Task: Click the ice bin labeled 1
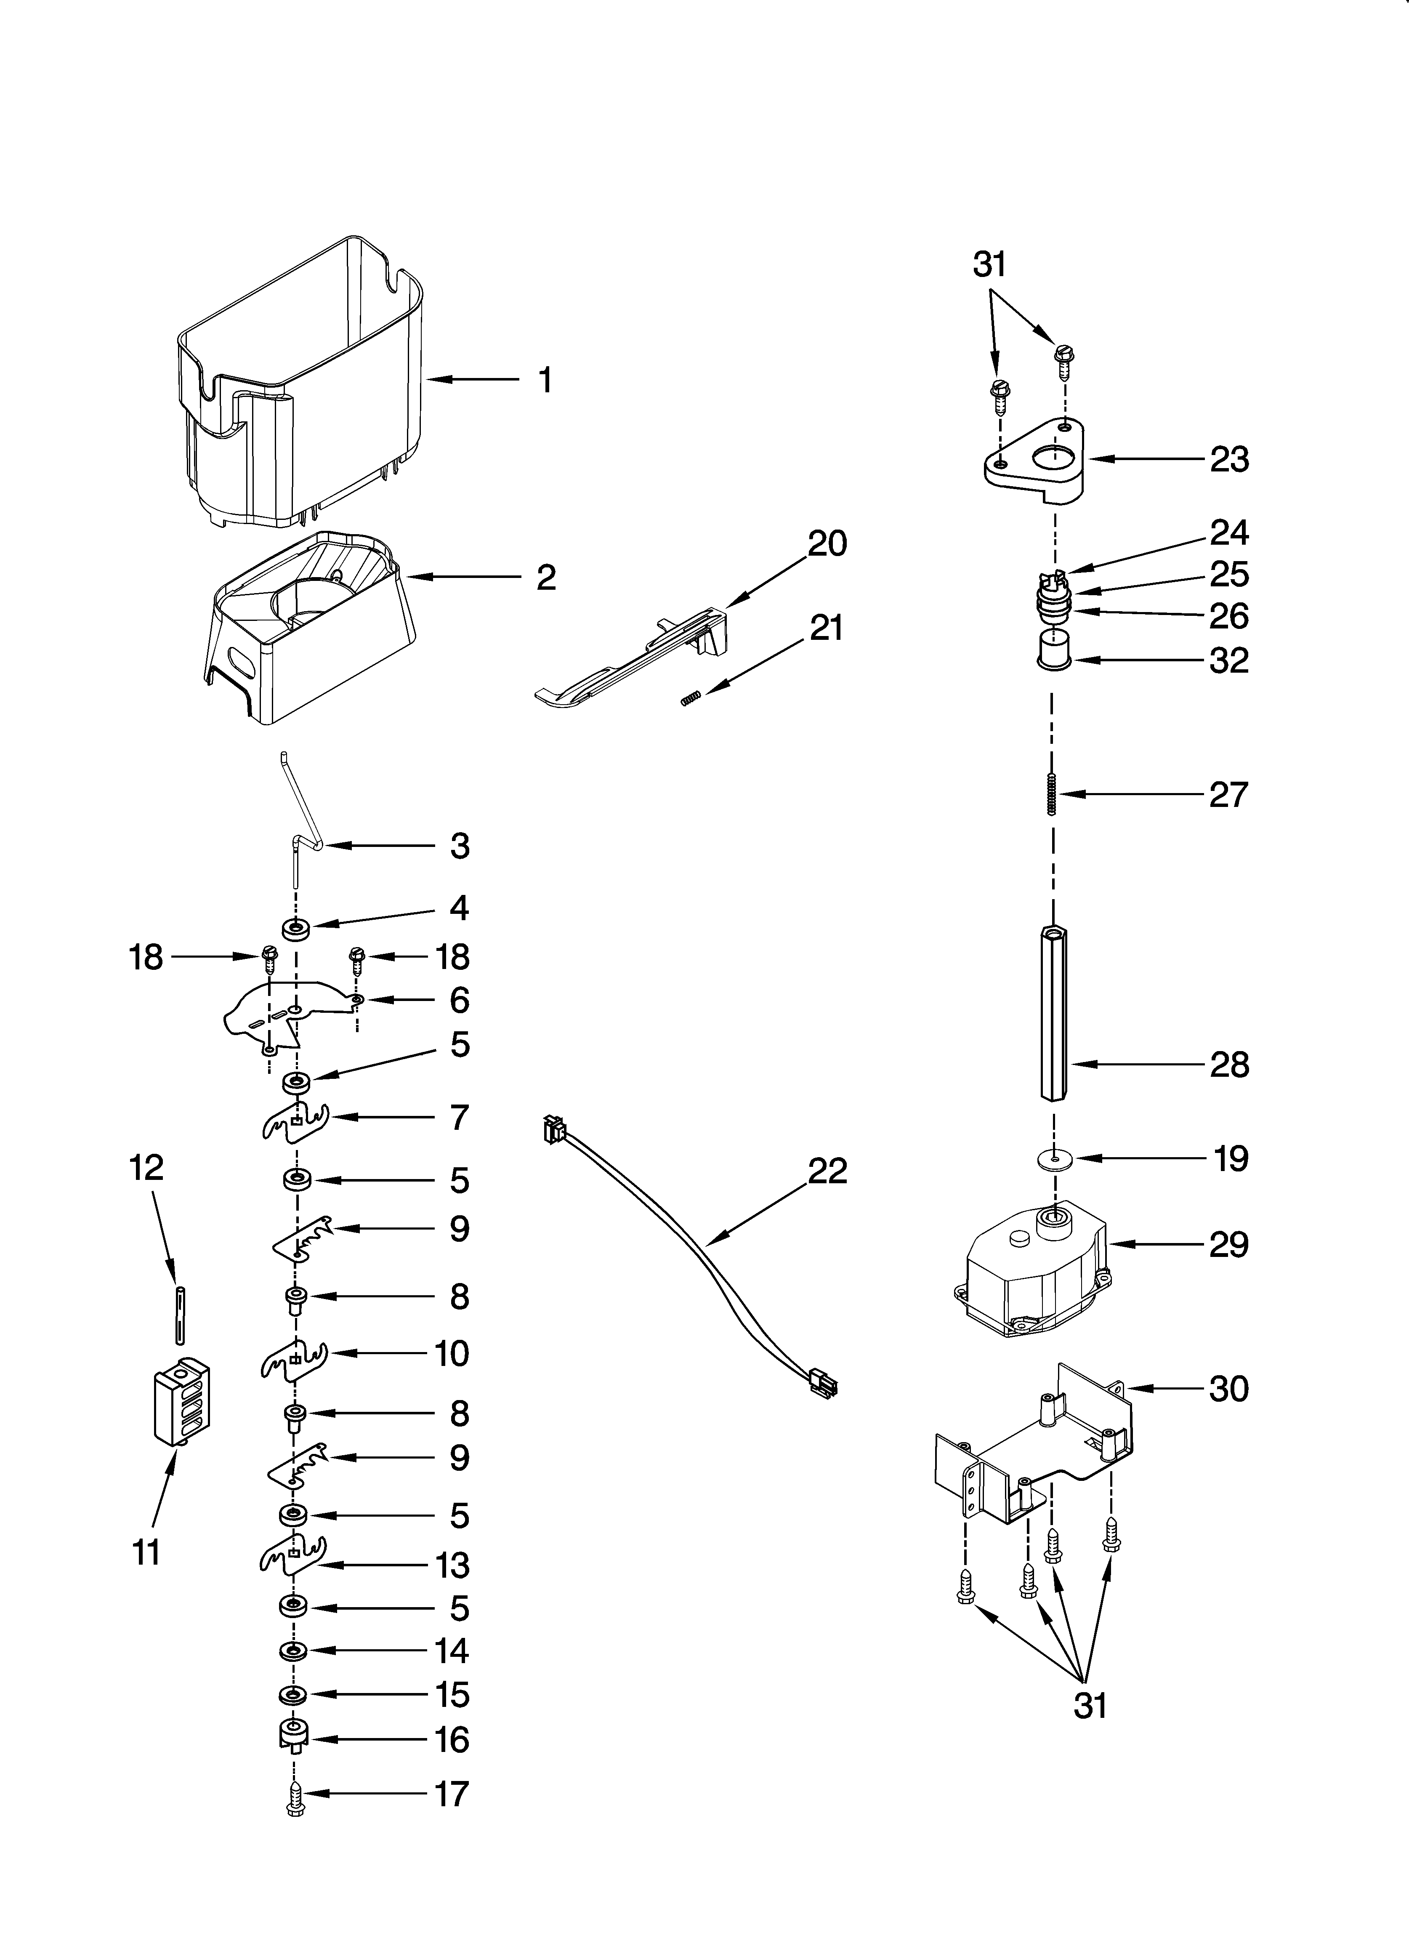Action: [300, 386]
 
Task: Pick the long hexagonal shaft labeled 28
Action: [1054, 1012]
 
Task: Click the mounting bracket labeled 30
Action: [1030, 1450]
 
